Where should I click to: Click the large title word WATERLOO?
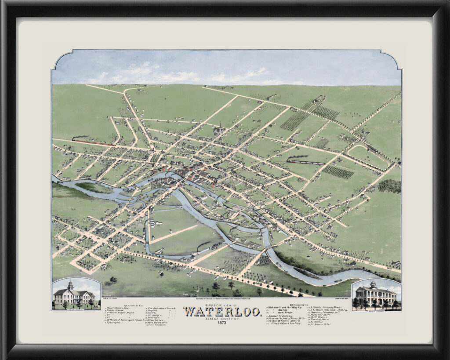(222, 312)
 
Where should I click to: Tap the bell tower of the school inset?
(70, 285)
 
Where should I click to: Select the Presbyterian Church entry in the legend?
(161, 309)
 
